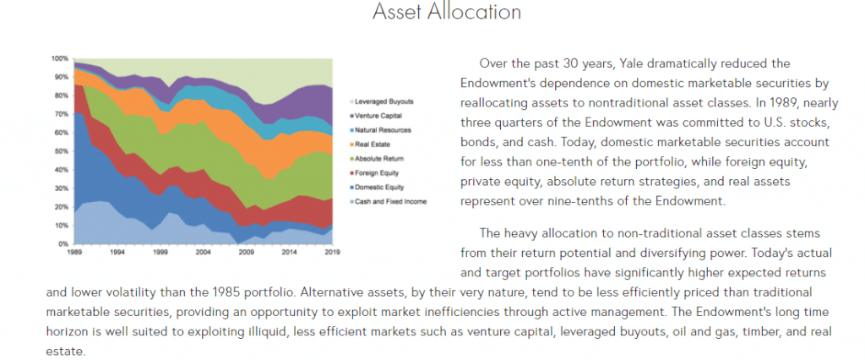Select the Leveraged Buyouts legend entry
click(382, 101)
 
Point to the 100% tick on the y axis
click(60, 58)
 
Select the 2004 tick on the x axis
click(204, 252)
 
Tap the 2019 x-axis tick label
click(332, 252)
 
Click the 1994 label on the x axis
click(117, 252)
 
